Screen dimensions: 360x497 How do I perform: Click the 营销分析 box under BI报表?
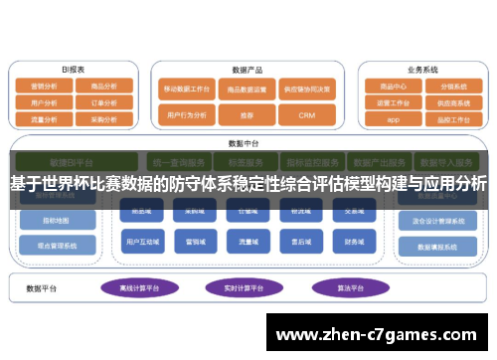click(x=45, y=86)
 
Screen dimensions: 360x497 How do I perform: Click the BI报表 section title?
click(x=74, y=70)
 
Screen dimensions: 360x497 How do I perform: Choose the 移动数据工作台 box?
click(x=189, y=89)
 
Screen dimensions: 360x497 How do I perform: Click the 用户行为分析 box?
click(x=189, y=115)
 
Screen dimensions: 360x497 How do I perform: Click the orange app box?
click(x=394, y=118)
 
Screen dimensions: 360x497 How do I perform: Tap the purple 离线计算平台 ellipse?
click(x=138, y=288)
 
